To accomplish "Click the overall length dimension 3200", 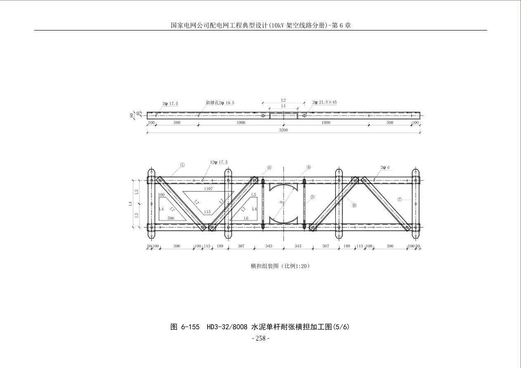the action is pos(283,130).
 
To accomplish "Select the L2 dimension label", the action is pos(283,100).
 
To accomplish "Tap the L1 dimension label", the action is pos(283,106).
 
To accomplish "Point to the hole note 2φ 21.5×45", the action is pos(324,102).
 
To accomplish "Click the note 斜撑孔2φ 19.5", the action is pos(220,103).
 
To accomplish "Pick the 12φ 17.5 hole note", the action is pos(219,162).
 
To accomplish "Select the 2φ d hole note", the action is pos(385,167).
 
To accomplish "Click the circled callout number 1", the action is pos(182,165).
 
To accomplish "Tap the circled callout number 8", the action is pos(269,167).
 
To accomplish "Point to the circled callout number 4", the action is pos(309,167).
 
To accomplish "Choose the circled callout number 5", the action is pos(313,197).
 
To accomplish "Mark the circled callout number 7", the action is pos(399,199).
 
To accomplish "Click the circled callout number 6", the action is pos(354,205).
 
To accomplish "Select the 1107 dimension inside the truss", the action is pos(208,189).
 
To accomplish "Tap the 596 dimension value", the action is pos(171,218).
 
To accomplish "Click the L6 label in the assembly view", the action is pos(246,218).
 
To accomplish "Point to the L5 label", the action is pos(253,195).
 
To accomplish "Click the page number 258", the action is pos(260,338).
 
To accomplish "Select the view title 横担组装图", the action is pos(265,266).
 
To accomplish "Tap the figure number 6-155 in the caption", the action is pos(190,327).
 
